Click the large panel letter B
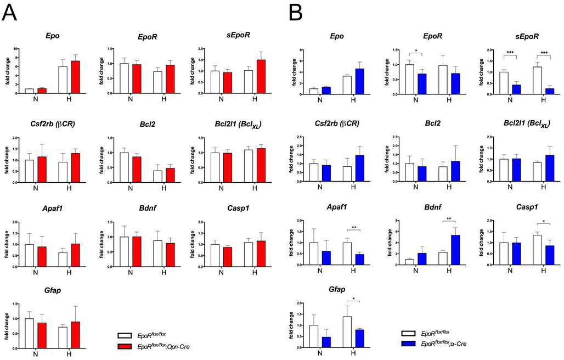(x=295, y=12)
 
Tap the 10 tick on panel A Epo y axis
(x=16, y=49)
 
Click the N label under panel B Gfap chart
(x=321, y=353)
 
